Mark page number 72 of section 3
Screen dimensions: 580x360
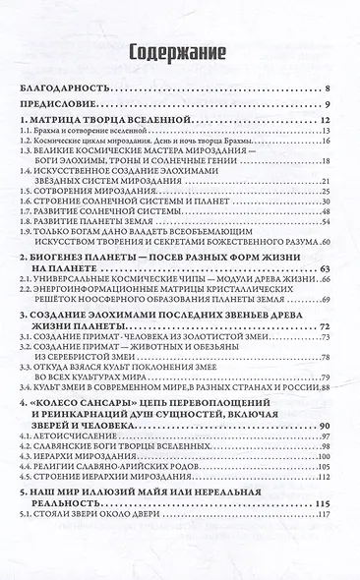[334, 323]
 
